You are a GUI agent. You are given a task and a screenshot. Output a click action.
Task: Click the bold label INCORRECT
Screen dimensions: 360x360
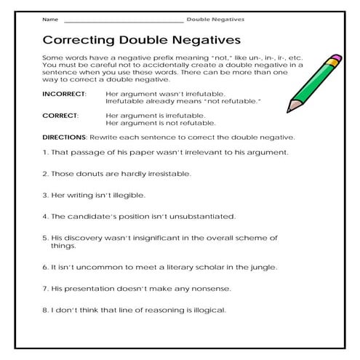64,95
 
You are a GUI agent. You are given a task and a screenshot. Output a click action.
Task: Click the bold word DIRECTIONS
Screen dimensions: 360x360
65,137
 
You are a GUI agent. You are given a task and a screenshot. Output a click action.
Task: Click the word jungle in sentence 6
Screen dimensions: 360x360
260,267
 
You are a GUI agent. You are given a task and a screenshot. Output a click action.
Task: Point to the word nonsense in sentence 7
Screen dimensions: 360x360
209,289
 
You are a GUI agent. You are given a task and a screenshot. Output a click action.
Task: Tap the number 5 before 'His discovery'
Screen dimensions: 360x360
45,237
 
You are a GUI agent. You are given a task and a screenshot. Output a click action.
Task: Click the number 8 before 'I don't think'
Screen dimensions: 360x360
45,310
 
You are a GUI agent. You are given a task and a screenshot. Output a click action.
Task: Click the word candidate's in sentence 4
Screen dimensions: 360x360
89,216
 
